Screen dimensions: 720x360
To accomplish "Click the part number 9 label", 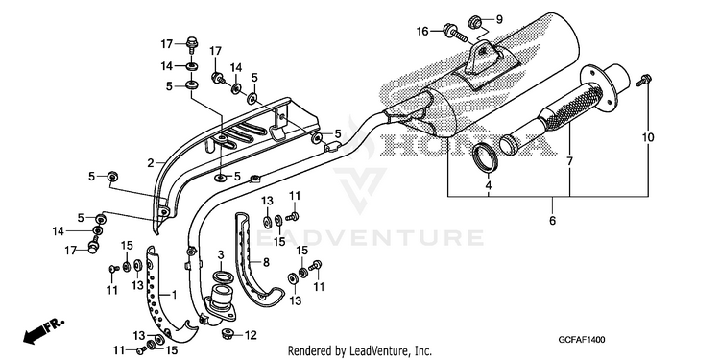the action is click(x=499, y=20).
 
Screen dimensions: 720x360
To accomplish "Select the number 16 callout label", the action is click(x=422, y=32).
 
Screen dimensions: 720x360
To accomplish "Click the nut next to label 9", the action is click(x=475, y=21).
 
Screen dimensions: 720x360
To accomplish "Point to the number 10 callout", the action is click(x=648, y=137).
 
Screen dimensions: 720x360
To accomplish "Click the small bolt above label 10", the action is click(x=644, y=81).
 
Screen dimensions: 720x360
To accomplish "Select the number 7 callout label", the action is click(x=569, y=161).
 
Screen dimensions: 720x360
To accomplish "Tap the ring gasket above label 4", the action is click(x=486, y=158).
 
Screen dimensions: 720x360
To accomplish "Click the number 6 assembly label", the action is click(x=552, y=221).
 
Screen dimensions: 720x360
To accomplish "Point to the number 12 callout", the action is click(x=251, y=336).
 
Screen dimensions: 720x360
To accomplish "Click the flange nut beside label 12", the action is click(x=228, y=334).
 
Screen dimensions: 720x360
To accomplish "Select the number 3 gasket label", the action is click(x=221, y=254).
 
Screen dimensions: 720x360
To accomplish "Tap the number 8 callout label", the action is click(x=266, y=263).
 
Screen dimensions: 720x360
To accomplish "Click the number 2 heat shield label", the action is click(x=150, y=162).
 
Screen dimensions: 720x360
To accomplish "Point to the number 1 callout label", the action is click(x=174, y=294).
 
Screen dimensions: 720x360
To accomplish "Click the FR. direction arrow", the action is click(x=43, y=331).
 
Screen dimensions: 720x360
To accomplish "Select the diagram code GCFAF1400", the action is click(x=582, y=340).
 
